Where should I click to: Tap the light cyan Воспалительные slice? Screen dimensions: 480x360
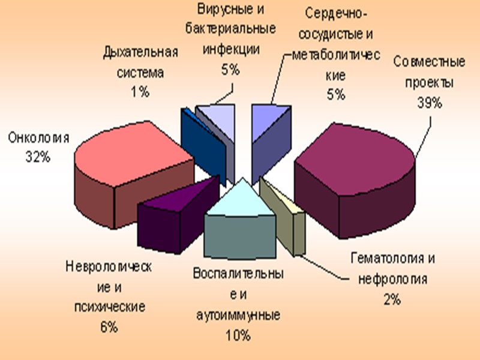(240, 201)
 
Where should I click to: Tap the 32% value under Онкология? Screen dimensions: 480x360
(38, 158)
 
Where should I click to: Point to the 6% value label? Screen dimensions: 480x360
(109, 327)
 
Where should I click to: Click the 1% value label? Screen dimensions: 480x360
(140, 92)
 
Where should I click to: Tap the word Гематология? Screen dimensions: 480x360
(392, 259)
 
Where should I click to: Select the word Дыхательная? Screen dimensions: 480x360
(140, 52)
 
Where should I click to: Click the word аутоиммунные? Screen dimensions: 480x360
(238, 314)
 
